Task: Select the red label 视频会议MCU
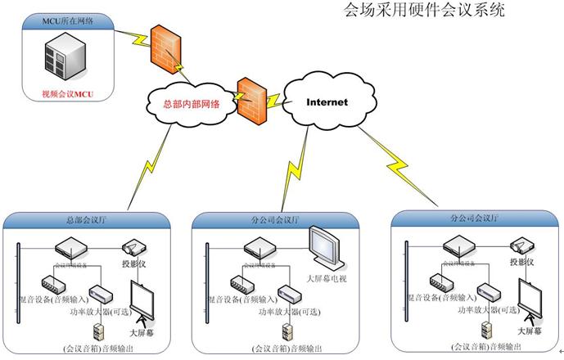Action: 68,95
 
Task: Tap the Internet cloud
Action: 327,103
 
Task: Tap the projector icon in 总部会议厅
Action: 134,247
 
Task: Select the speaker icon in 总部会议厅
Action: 99,332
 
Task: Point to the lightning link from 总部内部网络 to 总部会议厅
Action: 151,168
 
